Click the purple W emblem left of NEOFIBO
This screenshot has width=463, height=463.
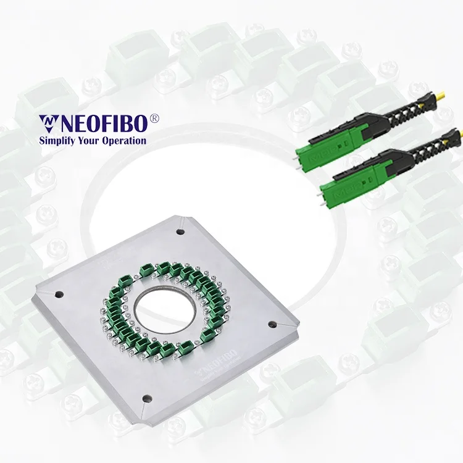[x=48, y=123]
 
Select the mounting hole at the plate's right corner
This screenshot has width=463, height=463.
[x=272, y=322]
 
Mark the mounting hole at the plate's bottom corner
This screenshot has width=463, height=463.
[x=146, y=398]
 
